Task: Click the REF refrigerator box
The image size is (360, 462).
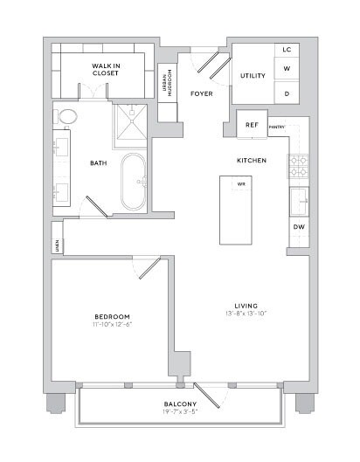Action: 252,125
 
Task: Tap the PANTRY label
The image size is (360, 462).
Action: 278,128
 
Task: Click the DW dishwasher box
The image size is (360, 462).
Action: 298,228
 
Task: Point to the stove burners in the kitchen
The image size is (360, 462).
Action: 298,165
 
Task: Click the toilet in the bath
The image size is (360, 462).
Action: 66,116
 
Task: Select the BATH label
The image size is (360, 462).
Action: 98,162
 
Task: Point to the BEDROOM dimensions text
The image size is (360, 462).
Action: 112,325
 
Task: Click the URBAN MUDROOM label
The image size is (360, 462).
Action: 165,85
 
